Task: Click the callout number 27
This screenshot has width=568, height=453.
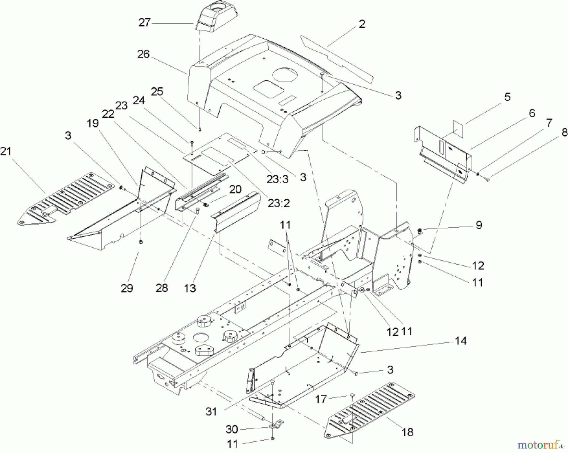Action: (x=145, y=23)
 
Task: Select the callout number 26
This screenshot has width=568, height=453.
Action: (x=143, y=54)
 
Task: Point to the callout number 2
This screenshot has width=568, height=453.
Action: (x=362, y=24)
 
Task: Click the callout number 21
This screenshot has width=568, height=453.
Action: (x=6, y=151)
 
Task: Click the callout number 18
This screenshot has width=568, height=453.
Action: (x=408, y=432)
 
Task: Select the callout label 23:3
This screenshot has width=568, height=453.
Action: (x=278, y=179)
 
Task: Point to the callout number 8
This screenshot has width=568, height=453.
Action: (x=565, y=132)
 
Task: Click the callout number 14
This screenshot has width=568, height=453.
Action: (x=461, y=341)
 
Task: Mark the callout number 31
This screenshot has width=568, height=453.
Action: (x=211, y=411)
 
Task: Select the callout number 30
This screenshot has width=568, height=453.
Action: (x=232, y=429)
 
